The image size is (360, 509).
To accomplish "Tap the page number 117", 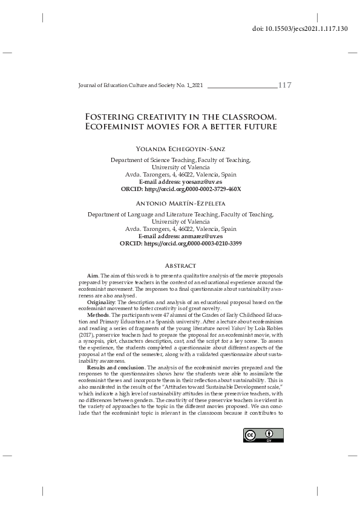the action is pos(284,85).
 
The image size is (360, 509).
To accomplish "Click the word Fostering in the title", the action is pos(115,116).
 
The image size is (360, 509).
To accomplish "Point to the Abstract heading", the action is pos(180,266).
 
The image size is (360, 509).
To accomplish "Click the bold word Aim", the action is pos(93,276).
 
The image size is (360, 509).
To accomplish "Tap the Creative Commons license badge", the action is pos(263,435).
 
